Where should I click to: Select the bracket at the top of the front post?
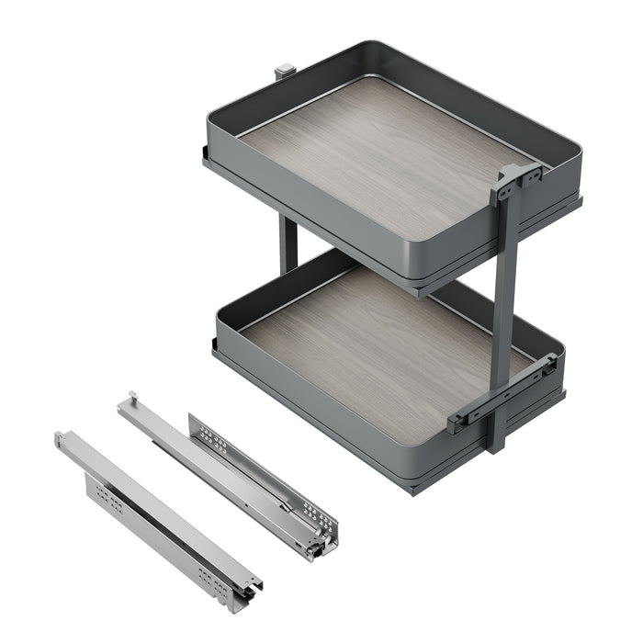tap(516, 181)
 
